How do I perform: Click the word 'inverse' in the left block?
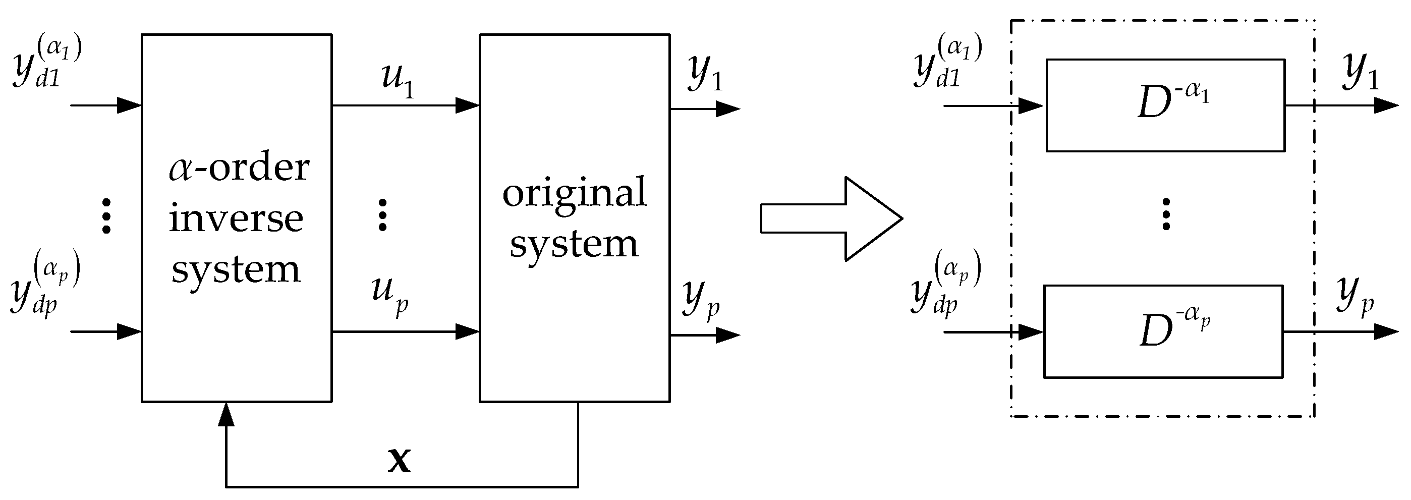(236, 218)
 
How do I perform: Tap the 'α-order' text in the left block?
(239, 168)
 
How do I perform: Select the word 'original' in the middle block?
(574, 193)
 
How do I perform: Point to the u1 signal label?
(397, 79)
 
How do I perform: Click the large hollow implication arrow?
(831, 218)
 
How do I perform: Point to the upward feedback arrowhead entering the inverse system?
(226, 415)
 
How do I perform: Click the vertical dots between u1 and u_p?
(382, 214)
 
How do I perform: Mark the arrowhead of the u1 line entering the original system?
(467, 105)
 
